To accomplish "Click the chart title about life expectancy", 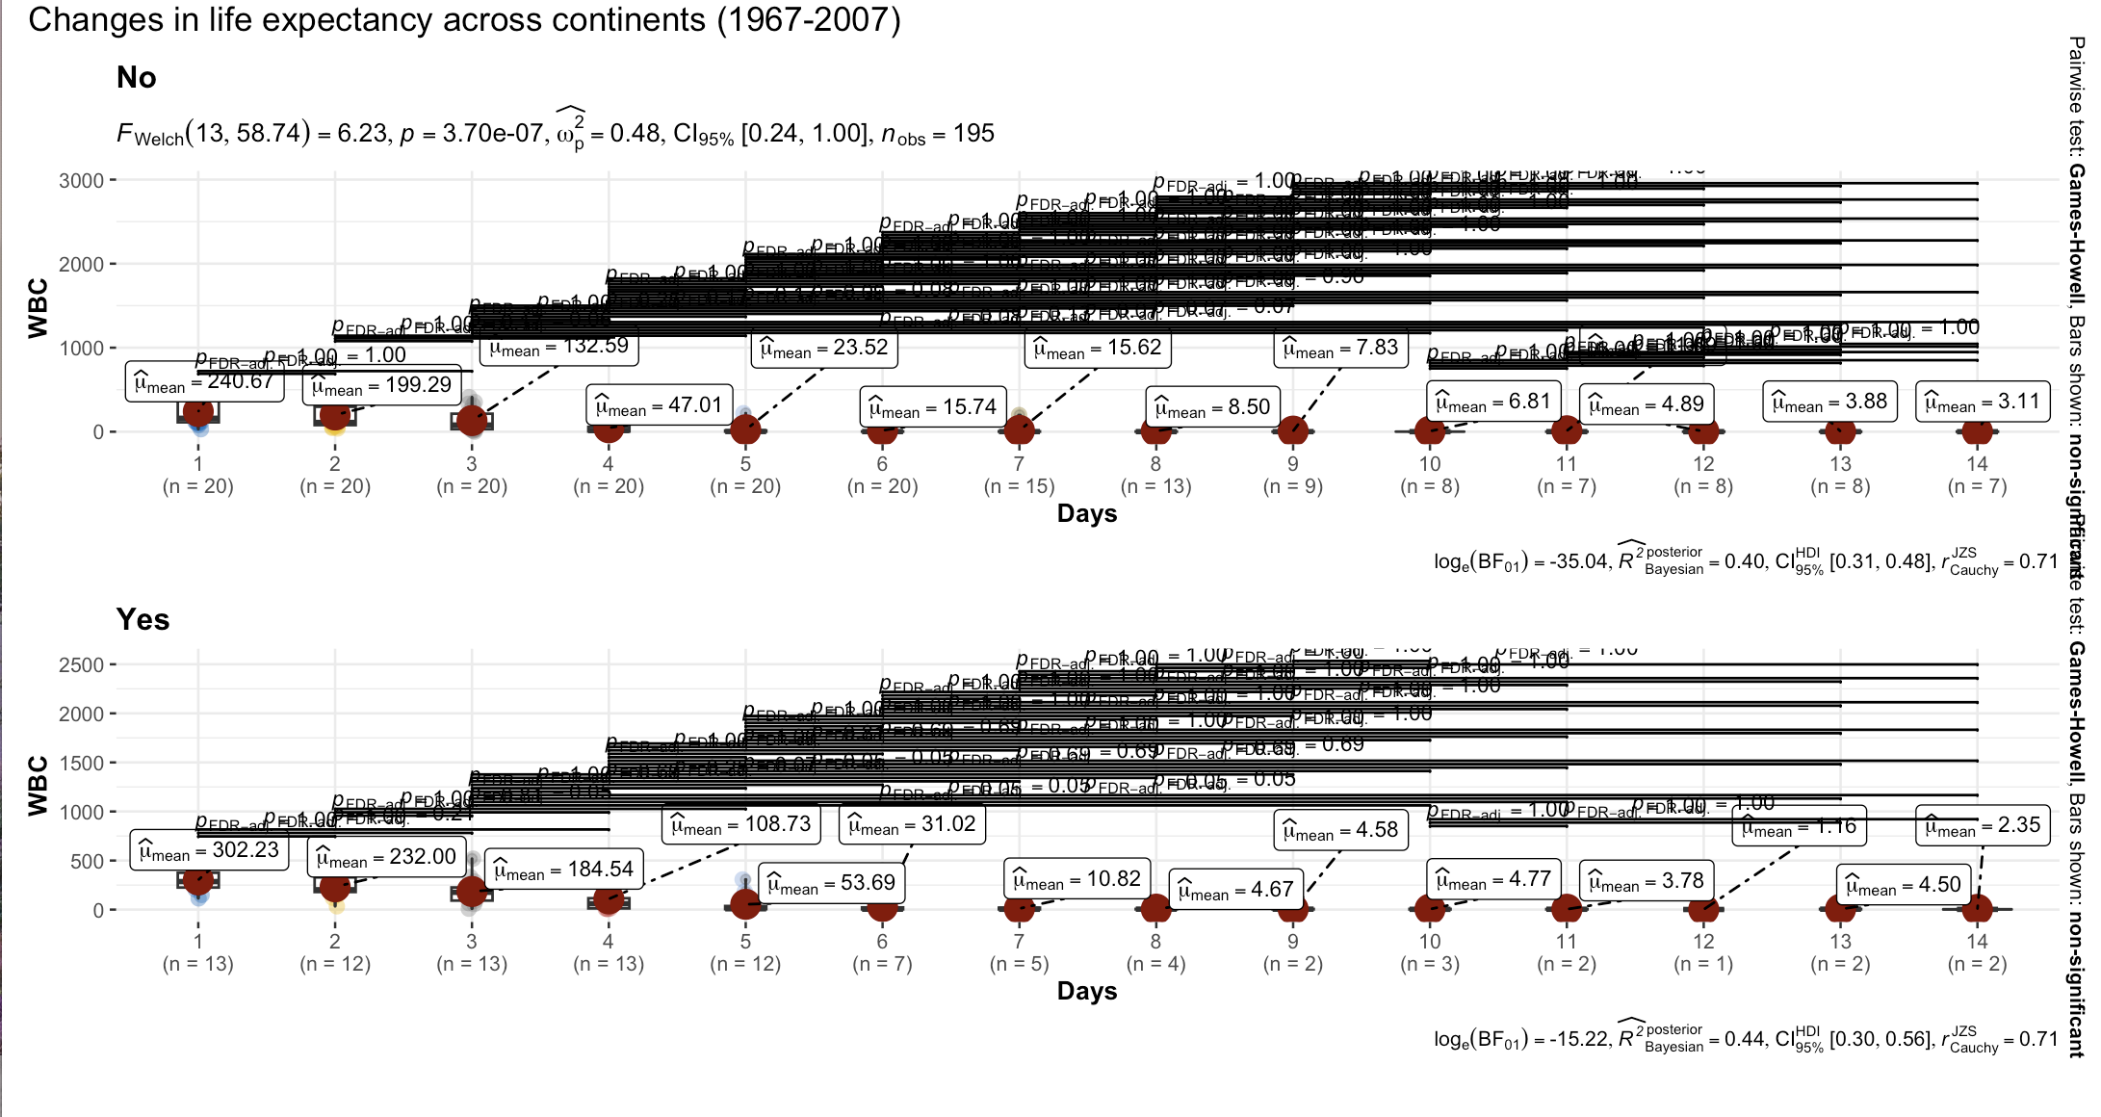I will tap(464, 20).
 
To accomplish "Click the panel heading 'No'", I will tap(136, 78).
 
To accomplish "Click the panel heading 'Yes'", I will tap(143, 619).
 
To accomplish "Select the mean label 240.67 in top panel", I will tap(204, 382).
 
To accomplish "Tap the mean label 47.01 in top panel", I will tap(659, 405).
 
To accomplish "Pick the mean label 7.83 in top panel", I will tap(1340, 348).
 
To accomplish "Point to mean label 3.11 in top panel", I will tap(1982, 403).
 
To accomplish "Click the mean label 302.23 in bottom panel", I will tap(209, 850).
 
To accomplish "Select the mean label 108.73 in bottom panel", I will tap(740, 825).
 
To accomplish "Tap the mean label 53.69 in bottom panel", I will tap(831, 883).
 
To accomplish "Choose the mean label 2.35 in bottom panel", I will tap(1982, 826).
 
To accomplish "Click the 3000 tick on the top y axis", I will tap(81, 181).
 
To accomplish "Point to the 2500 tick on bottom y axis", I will tap(81, 665).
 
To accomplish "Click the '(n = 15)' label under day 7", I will tap(1019, 486).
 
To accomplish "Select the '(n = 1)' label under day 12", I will tap(1703, 964).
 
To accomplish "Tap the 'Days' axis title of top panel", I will tap(1087, 513).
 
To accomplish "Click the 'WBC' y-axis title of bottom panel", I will tap(38, 786).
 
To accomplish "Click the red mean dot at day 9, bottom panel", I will tap(1292, 908).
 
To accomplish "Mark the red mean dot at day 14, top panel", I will tap(1977, 430).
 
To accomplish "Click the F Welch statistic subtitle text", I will tap(555, 134).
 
